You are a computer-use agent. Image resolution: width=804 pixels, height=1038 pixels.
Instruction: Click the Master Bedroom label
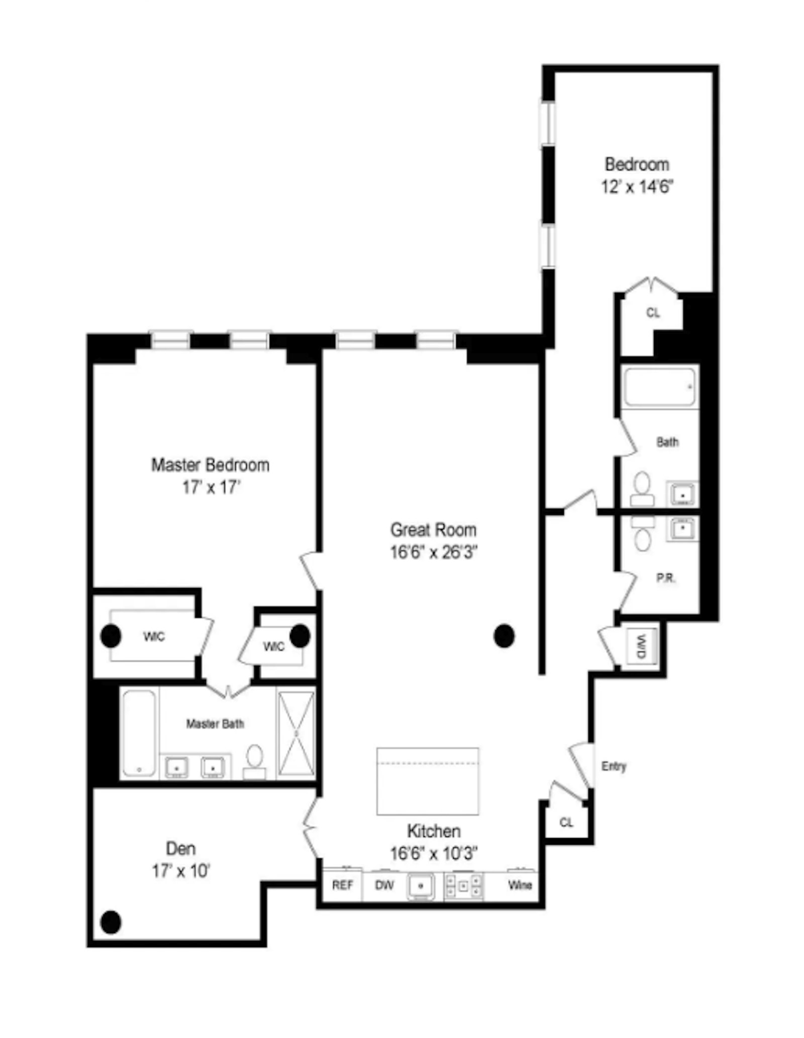click(210, 465)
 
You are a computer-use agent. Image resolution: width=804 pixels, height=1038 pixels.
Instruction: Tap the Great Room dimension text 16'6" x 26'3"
click(433, 552)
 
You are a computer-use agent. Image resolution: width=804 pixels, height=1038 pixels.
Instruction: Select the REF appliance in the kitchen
click(342, 885)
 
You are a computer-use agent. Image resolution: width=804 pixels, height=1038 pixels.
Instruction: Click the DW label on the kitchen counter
click(384, 885)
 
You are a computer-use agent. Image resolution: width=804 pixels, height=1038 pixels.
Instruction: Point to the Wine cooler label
click(520, 885)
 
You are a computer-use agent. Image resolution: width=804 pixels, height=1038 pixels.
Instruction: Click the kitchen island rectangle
click(427, 781)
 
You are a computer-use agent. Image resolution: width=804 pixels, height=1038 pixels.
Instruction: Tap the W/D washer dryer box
click(642, 647)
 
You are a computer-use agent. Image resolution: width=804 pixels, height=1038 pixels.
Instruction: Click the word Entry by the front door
click(614, 766)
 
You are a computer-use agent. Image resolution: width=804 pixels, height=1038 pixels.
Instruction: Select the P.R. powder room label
click(666, 579)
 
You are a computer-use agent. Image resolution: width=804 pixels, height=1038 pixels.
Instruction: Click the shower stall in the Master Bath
click(296, 734)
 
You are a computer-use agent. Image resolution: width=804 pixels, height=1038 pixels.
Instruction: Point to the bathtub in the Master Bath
click(139, 733)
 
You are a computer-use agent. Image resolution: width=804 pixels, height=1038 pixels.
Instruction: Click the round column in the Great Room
click(504, 636)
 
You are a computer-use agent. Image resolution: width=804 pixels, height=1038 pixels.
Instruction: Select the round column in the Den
click(111, 922)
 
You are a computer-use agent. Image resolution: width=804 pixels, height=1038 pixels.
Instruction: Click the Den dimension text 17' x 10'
click(180, 871)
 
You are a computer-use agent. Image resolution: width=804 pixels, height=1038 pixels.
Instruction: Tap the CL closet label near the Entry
click(566, 823)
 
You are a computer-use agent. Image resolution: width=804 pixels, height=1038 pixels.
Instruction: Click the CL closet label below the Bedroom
click(653, 313)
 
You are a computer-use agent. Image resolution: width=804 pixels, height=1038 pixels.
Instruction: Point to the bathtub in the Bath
click(660, 387)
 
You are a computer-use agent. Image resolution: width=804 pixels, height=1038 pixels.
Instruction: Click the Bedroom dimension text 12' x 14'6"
click(637, 187)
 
